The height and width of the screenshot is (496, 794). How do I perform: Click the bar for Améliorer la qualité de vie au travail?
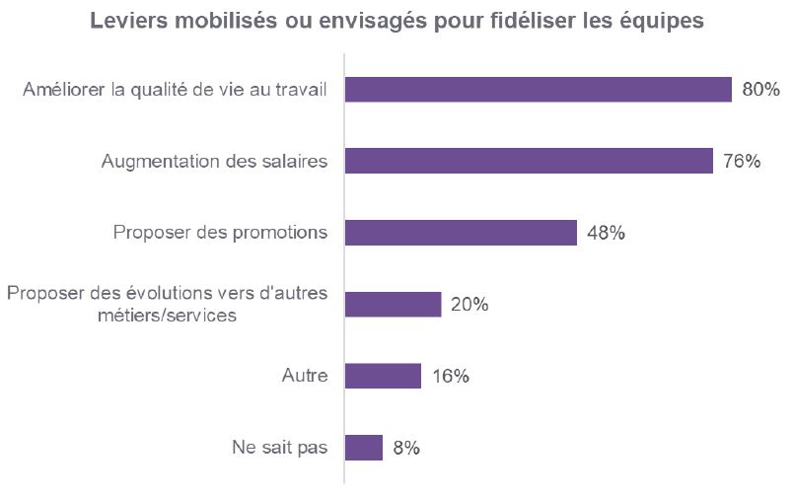click(x=539, y=90)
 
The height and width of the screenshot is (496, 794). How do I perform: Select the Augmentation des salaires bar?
click(x=529, y=161)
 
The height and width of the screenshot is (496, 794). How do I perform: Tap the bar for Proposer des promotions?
click(x=461, y=233)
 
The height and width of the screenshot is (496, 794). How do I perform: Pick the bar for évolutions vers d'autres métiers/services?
click(x=393, y=305)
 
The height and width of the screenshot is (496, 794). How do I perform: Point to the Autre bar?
click(x=383, y=376)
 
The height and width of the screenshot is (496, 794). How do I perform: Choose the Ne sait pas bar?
click(x=363, y=448)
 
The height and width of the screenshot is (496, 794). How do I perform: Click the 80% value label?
click(x=760, y=90)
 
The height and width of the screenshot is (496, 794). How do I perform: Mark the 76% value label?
click(x=742, y=161)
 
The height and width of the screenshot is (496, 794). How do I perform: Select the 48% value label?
click(x=606, y=233)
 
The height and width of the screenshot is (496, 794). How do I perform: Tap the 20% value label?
click(x=469, y=305)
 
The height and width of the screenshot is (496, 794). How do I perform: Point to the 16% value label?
click(x=450, y=376)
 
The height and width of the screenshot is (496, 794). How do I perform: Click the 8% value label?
click(x=406, y=448)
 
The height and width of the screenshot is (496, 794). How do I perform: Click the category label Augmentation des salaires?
click(x=214, y=161)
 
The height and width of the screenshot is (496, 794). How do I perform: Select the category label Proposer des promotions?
click(x=220, y=233)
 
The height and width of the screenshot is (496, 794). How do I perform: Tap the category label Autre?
click(x=304, y=376)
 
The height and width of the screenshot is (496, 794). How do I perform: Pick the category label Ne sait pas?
click(x=281, y=448)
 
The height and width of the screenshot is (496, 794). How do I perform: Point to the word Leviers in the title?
click(x=125, y=21)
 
